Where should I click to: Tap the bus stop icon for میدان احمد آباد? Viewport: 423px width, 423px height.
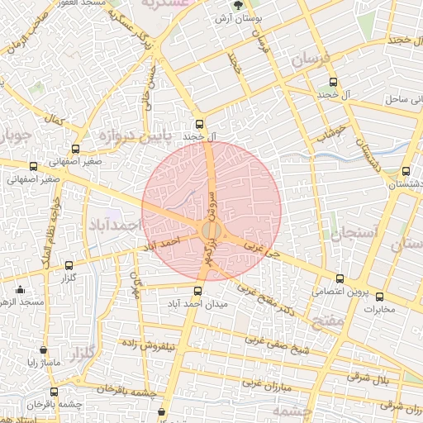tap(197, 291)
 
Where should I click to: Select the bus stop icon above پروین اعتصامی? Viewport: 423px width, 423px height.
tap(340, 278)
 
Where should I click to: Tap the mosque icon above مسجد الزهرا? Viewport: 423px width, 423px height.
tap(21, 289)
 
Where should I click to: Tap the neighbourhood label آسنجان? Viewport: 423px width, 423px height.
tap(354, 234)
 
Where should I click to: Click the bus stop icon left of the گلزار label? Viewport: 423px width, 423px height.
tap(68, 266)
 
